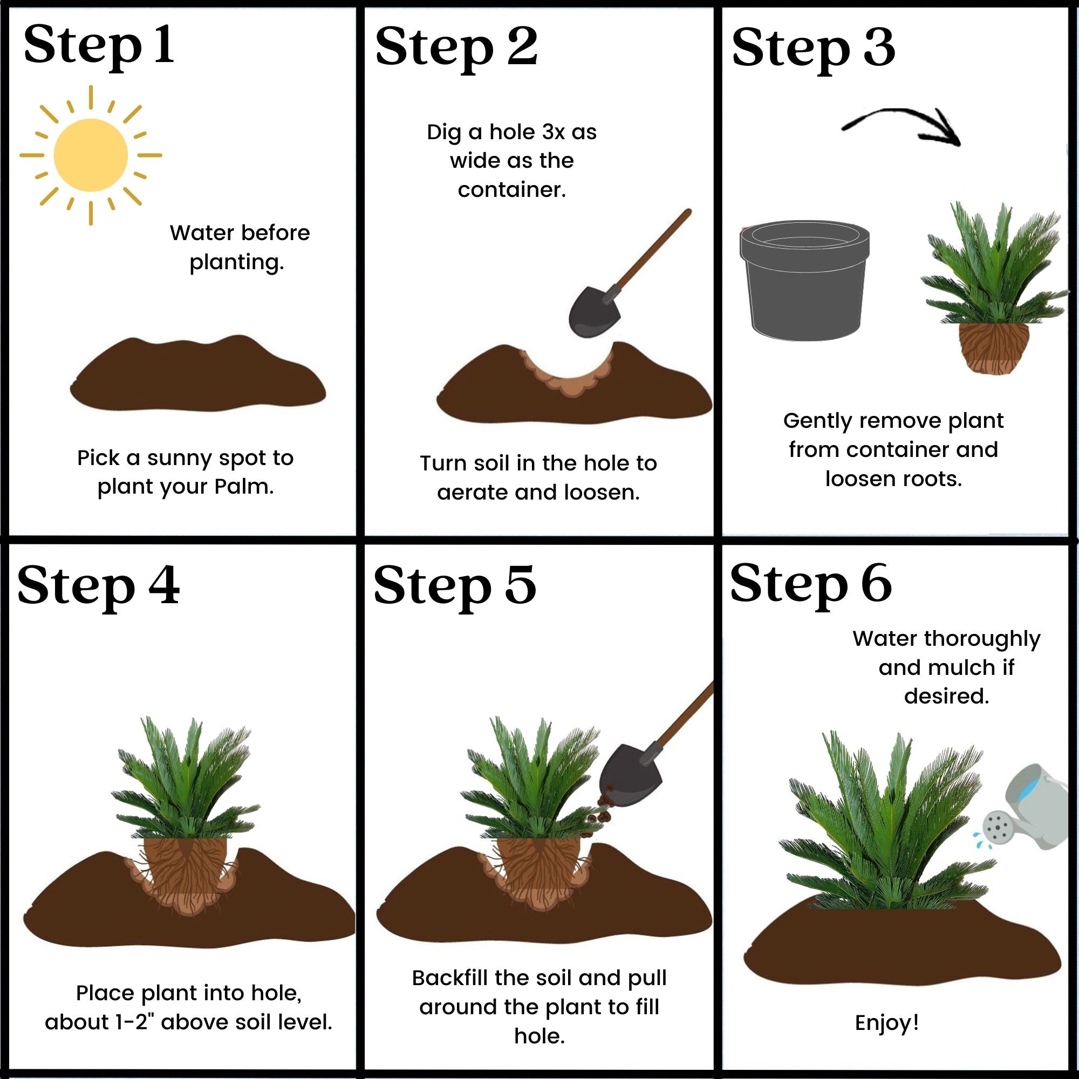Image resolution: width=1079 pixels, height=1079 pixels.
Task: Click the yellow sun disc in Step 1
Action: coord(91,155)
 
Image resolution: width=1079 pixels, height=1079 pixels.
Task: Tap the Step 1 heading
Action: coord(98,46)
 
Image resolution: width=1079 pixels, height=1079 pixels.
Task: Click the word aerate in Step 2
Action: coord(473,492)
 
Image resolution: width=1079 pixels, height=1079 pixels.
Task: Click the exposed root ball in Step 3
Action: coord(994,347)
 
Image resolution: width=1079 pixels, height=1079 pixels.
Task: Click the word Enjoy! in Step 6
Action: coord(887,1022)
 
